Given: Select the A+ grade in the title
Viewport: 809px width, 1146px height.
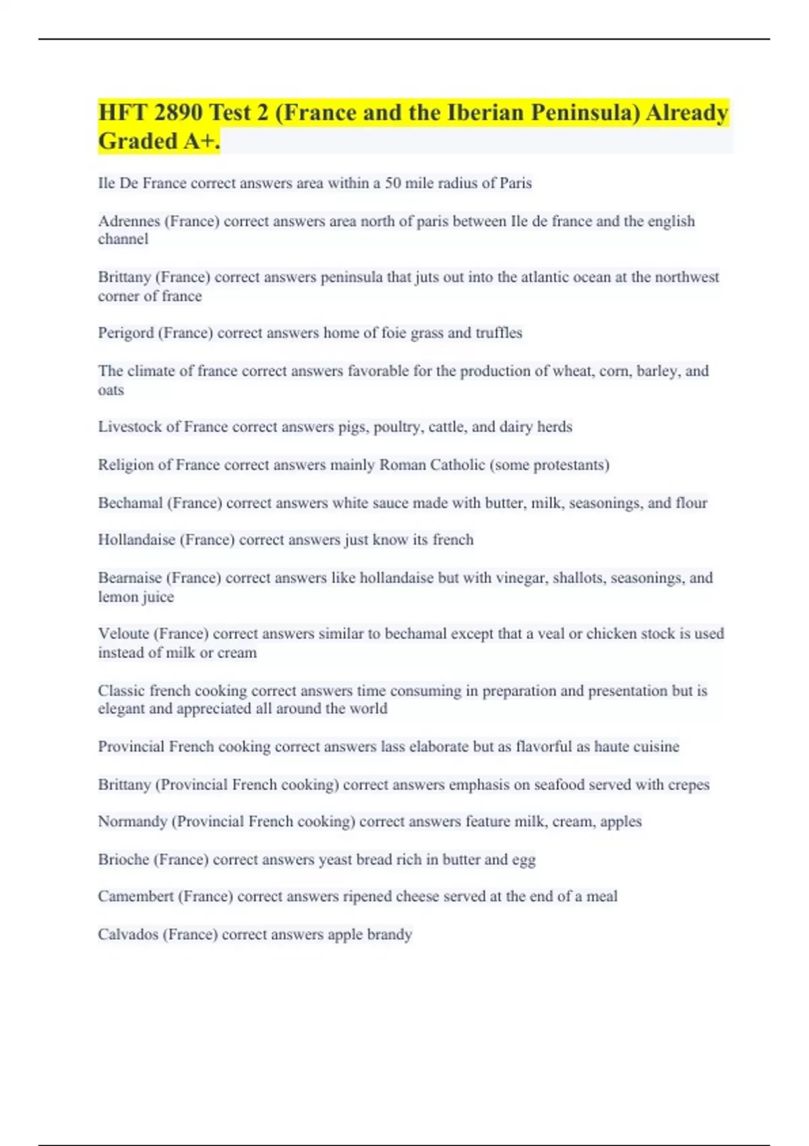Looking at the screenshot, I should pos(200,141).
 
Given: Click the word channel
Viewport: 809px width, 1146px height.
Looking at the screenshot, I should pos(123,239).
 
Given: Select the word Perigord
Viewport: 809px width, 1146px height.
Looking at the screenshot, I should pos(125,333).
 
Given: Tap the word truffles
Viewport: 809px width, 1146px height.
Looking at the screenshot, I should pos(499,332).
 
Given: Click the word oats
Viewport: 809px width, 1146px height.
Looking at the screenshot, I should pos(111,390).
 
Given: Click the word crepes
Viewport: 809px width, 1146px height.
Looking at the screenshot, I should pos(688,785).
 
